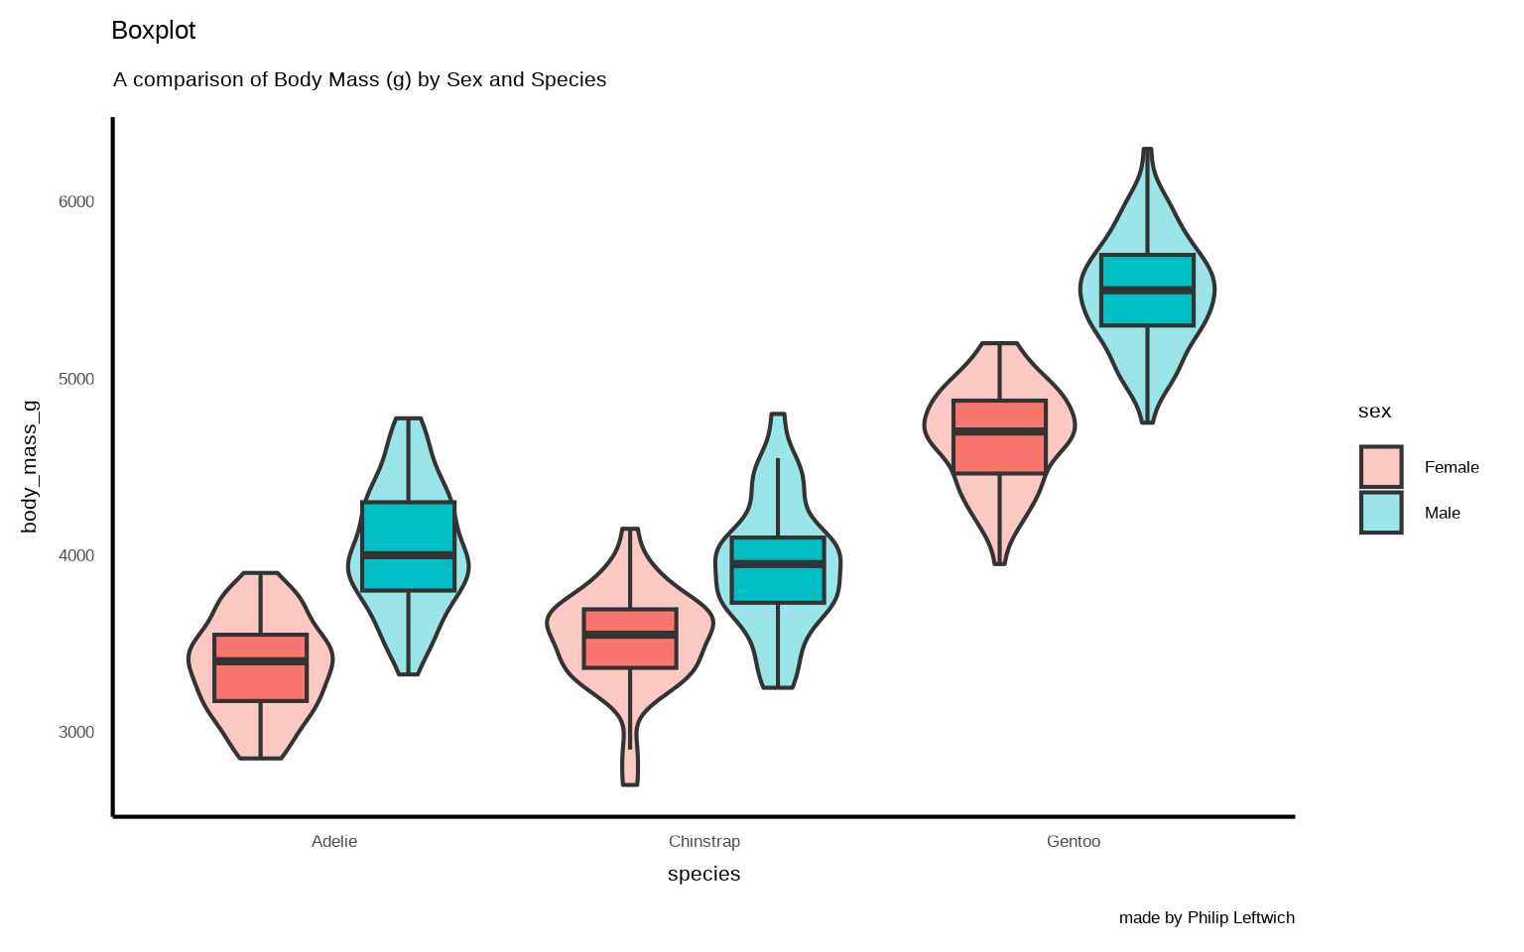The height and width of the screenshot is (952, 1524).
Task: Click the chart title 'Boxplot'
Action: pyautogui.click(x=154, y=31)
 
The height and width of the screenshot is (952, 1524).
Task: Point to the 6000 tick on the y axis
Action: pyautogui.click(x=76, y=202)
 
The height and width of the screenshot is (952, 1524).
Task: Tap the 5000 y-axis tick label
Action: pyautogui.click(x=76, y=380)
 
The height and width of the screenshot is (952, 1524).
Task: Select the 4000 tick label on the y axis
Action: pyautogui.click(x=76, y=556)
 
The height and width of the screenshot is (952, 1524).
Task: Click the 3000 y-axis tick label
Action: pyautogui.click(x=76, y=733)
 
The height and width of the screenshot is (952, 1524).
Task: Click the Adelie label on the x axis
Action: pyautogui.click(x=334, y=842)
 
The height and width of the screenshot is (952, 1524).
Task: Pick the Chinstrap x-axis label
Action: pyautogui.click(x=704, y=842)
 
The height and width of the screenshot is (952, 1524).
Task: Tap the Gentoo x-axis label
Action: pyautogui.click(x=1074, y=842)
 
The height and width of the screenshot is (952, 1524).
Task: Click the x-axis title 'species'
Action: pyautogui.click(x=704, y=874)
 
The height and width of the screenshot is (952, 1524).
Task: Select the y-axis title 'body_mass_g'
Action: pyautogui.click(x=30, y=466)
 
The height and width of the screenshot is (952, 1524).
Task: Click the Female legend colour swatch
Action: pyautogui.click(x=1381, y=467)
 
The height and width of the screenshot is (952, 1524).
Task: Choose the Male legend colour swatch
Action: pyautogui.click(x=1381, y=513)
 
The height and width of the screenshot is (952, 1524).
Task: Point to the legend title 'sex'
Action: pyautogui.click(x=1374, y=412)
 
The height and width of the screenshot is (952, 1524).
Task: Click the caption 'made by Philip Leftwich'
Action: pyautogui.click(x=1206, y=918)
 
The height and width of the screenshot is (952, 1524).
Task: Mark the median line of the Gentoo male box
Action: pyautogui.click(x=1147, y=291)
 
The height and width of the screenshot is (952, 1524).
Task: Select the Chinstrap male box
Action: pyautogui.click(x=778, y=584)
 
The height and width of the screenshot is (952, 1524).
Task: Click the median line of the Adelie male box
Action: pyautogui.click(x=408, y=555)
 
